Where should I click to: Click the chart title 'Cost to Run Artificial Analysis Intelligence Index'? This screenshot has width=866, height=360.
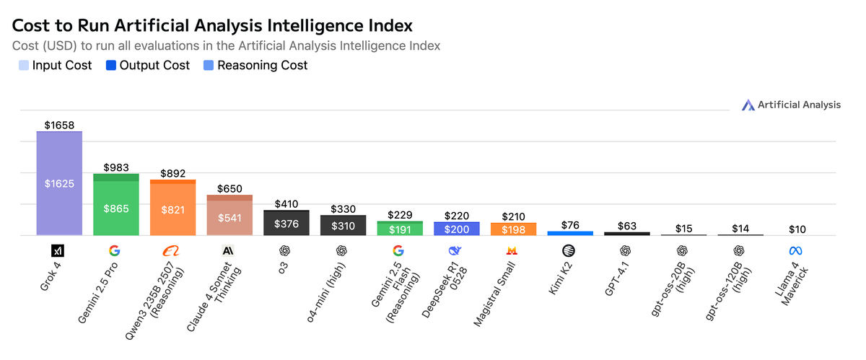click(x=212, y=26)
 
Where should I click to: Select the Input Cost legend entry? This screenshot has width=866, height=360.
click(x=55, y=66)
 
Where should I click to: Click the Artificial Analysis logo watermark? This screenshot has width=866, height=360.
click(x=791, y=105)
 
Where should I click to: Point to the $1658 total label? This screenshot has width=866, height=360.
click(x=59, y=125)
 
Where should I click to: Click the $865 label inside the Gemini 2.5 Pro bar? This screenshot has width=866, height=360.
click(x=116, y=209)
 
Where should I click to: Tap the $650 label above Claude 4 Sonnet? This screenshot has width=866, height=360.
click(x=229, y=188)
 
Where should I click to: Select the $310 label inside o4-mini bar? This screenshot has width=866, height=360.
click(x=343, y=226)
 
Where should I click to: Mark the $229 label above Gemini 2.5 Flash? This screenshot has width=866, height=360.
click(x=399, y=215)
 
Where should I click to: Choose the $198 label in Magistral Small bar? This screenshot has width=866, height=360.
click(x=512, y=229)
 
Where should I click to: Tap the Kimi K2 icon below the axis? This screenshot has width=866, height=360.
click(x=569, y=250)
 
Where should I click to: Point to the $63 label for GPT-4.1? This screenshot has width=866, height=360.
click(x=626, y=226)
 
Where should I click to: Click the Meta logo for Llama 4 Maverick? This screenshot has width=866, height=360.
click(x=796, y=250)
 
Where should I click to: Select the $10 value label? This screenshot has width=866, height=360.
click(x=797, y=229)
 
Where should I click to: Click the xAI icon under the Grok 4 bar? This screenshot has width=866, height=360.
click(x=59, y=250)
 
